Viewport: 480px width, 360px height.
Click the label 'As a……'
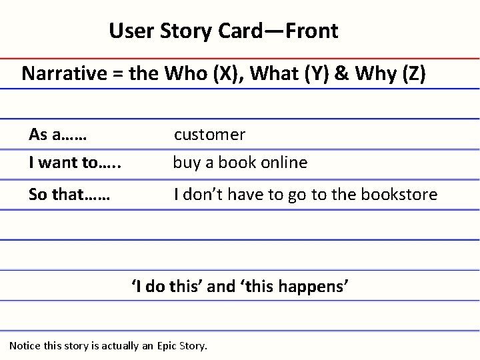59,135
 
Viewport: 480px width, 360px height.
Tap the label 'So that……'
69,195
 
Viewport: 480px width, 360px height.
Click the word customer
210,135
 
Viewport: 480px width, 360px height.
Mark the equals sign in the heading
115,74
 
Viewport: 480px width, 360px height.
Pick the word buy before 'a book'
186,163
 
